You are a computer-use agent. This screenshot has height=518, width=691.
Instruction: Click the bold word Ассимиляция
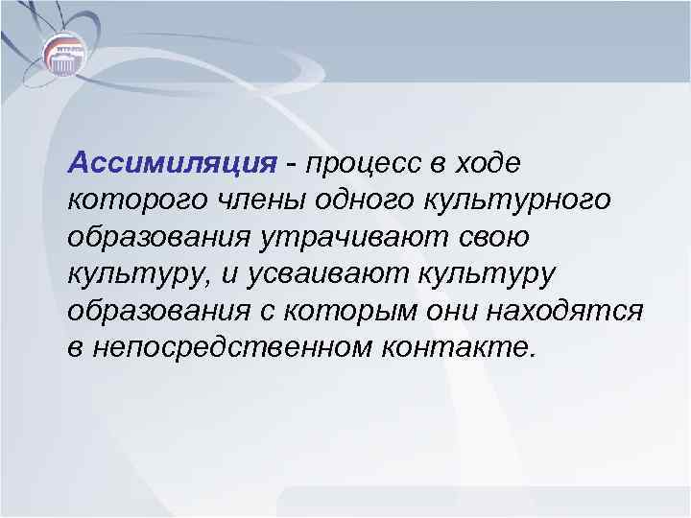(171, 163)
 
